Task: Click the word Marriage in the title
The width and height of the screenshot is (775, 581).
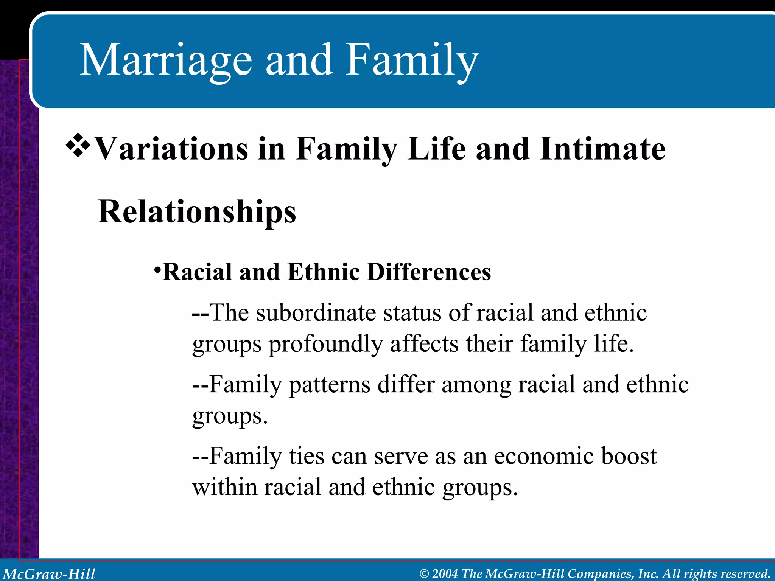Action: (166, 61)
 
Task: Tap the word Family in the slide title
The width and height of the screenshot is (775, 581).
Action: (412, 61)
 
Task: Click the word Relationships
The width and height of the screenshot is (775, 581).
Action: (197, 212)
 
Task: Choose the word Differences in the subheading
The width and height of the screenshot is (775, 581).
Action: (429, 272)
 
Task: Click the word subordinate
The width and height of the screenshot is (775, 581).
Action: (316, 313)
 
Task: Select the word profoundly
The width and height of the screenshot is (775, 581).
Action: (325, 344)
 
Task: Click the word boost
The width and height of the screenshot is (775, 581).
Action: (629, 456)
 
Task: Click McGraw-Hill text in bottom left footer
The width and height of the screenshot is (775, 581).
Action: (49, 574)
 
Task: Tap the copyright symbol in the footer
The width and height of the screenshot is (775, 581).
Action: (424, 574)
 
